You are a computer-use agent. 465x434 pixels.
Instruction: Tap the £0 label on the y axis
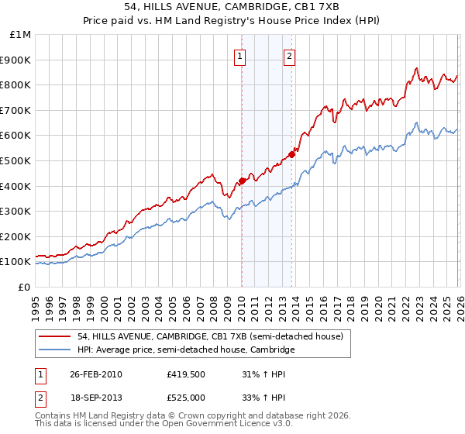coord(25,287)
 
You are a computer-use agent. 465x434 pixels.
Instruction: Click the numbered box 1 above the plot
coord(241,56)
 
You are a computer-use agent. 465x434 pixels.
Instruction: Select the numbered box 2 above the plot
coord(289,56)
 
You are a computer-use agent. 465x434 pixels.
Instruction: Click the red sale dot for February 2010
coord(241,181)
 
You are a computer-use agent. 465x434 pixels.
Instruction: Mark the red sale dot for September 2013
coord(291,154)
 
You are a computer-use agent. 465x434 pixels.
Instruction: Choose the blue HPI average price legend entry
coord(186,350)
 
